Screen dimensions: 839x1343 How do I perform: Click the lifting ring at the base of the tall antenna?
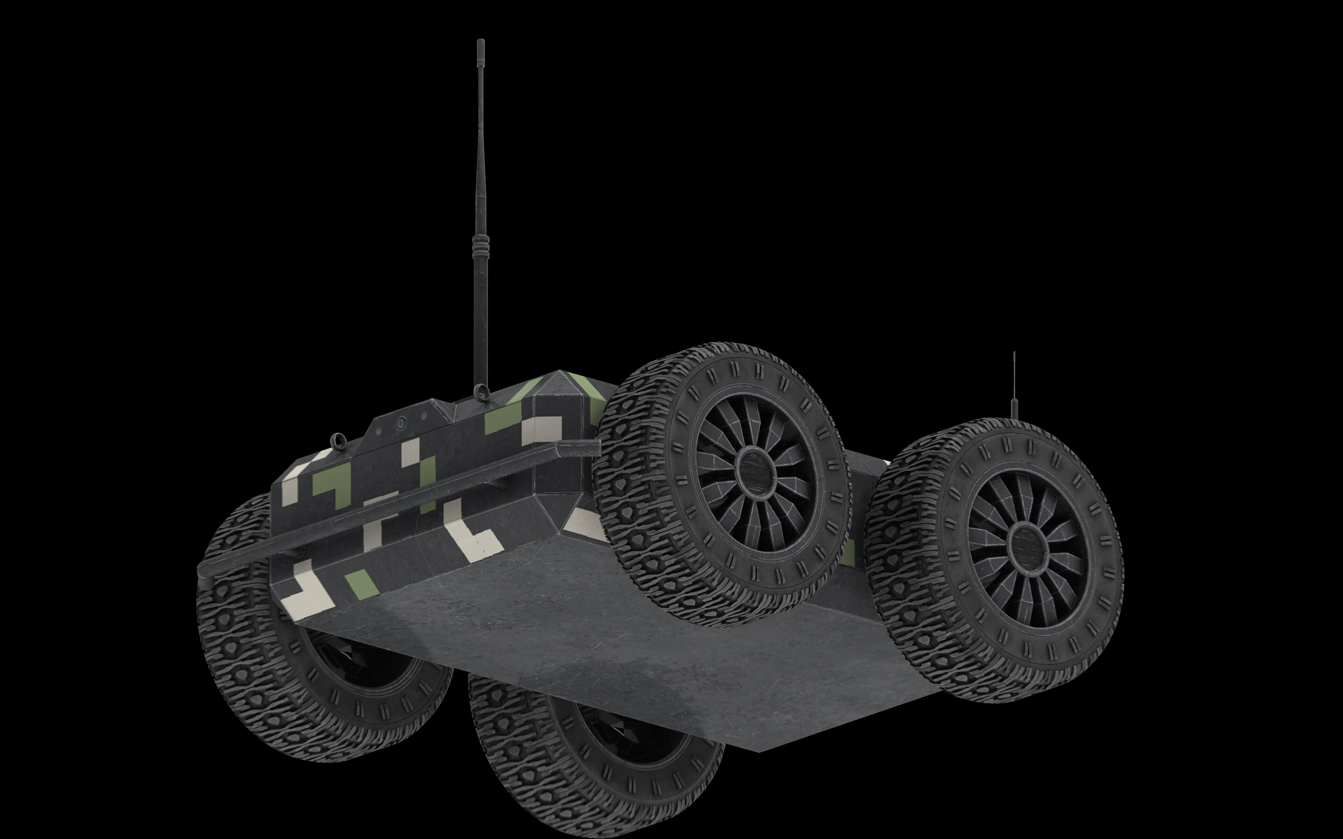481,392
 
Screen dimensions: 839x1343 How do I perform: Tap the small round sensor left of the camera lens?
378,431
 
